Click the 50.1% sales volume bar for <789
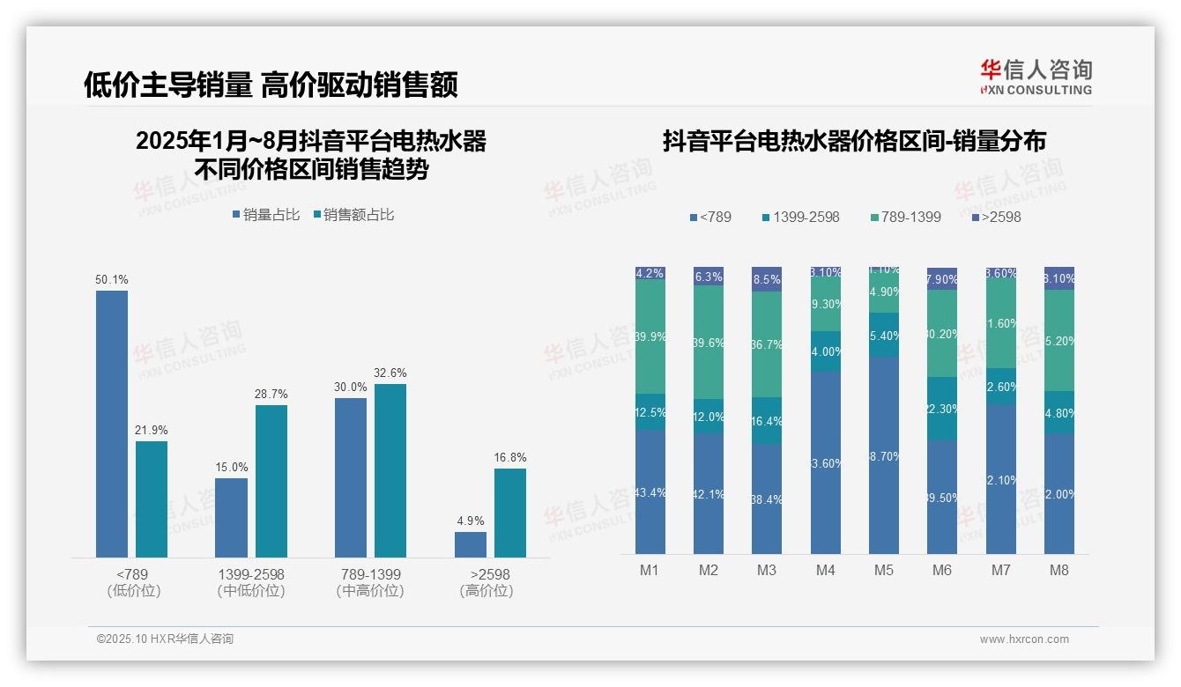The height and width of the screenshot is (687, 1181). (x=112, y=424)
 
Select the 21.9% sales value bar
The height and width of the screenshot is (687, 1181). (x=152, y=499)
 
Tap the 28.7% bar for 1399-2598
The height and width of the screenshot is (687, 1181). (x=271, y=481)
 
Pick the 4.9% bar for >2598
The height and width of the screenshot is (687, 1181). (x=471, y=544)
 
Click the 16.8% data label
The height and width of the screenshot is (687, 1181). (x=510, y=458)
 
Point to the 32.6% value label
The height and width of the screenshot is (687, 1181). (x=390, y=373)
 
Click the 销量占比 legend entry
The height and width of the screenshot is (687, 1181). (x=266, y=215)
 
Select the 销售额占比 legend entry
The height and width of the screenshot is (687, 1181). (x=353, y=215)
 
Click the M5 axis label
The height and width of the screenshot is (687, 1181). (x=884, y=570)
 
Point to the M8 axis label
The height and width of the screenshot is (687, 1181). (x=1059, y=570)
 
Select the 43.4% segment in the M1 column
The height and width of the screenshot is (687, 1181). (x=650, y=491)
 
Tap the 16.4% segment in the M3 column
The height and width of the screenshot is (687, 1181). (x=767, y=420)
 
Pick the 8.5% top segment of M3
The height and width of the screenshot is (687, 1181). (x=767, y=279)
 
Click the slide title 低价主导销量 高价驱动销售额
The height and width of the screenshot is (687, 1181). (x=271, y=85)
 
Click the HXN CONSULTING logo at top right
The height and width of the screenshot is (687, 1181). (x=1036, y=78)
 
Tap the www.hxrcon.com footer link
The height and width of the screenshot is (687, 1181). (x=1024, y=639)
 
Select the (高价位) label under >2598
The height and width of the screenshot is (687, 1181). (x=487, y=591)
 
